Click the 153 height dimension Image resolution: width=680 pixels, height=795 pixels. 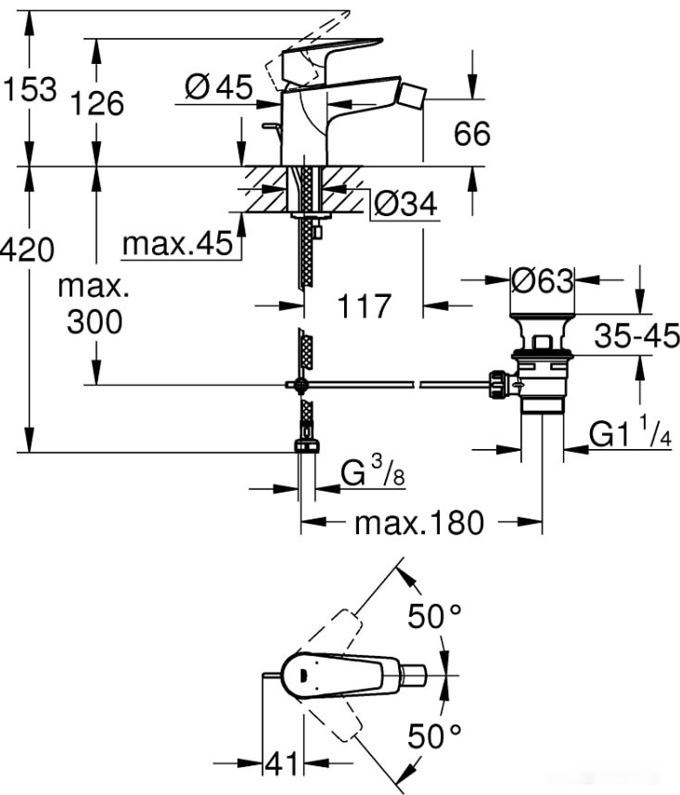(x=29, y=90)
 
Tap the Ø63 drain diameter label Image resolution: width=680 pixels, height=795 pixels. (x=543, y=278)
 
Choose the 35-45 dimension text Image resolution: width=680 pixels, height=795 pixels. (x=637, y=335)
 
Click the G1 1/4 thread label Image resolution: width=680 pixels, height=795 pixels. (x=631, y=434)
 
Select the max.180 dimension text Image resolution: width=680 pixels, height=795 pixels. (x=419, y=523)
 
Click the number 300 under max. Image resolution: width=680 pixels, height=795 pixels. (x=94, y=322)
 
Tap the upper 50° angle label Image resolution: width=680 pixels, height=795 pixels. (x=435, y=616)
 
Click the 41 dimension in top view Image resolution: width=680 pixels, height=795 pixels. (x=284, y=763)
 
